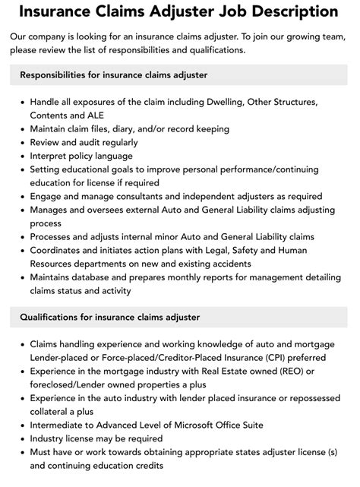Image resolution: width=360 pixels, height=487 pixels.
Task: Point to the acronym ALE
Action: point(99,115)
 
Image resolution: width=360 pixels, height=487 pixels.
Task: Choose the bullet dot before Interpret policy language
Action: point(21,156)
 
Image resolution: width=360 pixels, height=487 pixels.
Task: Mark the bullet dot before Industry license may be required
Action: point(21,438)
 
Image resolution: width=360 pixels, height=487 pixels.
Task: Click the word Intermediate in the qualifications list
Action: point(60,425)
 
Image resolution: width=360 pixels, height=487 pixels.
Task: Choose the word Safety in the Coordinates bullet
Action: point(275,250)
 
